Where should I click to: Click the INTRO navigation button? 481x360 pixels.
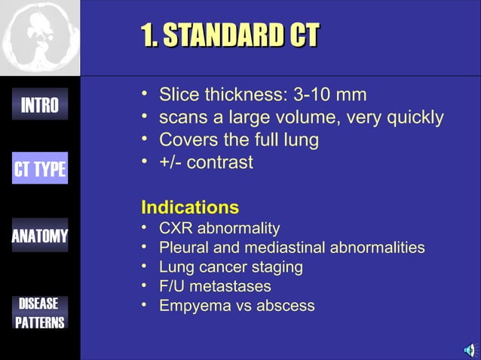(x=39, y=105)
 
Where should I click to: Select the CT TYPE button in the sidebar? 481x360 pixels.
(x=39, y=169)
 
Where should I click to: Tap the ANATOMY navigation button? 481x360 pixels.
(x=39, y=236)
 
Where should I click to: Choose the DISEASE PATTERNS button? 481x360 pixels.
(x=39, y=313)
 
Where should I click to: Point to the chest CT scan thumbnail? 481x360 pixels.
(x=39, y=38)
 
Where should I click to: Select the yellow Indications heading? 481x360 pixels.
(x=190, y=207)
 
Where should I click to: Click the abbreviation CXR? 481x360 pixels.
(x=176, y=227)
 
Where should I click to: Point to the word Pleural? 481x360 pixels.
(x=184, y=247)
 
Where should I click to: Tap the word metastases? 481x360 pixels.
(x=234, y=286)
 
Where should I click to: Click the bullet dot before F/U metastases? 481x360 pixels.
(x=145, y=286)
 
